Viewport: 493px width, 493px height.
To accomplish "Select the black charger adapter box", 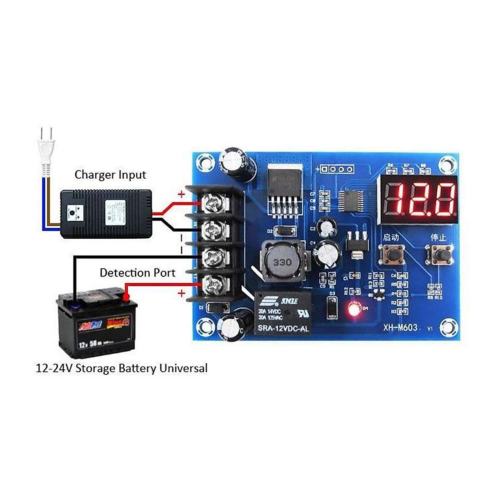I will point(106,214).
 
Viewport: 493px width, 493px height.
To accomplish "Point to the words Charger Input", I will point(110,175).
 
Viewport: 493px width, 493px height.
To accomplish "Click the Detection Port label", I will point(137,273).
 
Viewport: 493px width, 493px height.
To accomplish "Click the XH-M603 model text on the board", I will point(400,327).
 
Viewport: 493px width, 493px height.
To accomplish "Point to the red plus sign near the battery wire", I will point(181,293).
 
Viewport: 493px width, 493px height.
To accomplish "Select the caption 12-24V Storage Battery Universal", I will point(122,368).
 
